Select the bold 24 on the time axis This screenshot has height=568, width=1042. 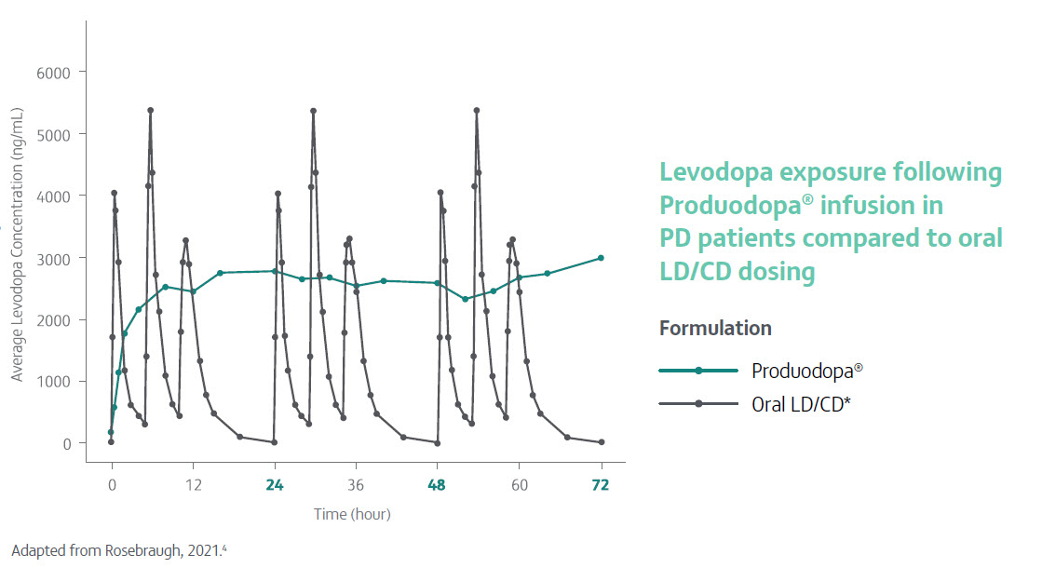coord(274,485)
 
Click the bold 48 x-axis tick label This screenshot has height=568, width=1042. coord(438,485)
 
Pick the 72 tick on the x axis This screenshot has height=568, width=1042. coord(602,485)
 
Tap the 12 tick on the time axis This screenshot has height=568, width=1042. coord(193,485)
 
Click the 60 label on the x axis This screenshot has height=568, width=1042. coord(520,485)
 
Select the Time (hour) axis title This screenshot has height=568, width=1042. coord(352,514)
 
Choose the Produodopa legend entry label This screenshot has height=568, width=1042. coord(806,370)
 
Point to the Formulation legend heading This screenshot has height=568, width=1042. coord(715,329)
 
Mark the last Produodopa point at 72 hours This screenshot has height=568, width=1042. coord(602,258)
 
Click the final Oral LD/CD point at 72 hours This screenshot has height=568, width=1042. coord(602,442)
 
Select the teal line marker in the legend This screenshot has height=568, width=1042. coord(698,371)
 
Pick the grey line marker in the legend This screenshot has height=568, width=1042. coord(698,403)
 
